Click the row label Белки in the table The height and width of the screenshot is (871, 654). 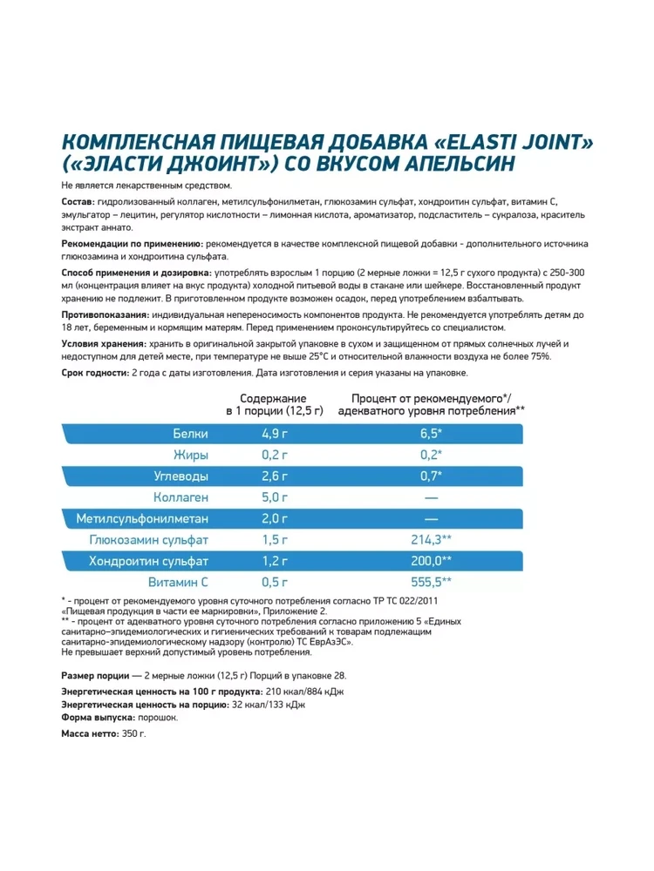190,434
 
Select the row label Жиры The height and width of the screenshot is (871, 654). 192,455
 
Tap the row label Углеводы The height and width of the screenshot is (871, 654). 178,476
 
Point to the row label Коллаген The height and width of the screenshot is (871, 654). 181,496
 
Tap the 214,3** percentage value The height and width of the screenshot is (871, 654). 431,540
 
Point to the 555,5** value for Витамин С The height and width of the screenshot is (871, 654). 431,583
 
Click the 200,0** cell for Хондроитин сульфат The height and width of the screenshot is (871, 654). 431,562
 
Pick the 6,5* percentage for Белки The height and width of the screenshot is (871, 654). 431,434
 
